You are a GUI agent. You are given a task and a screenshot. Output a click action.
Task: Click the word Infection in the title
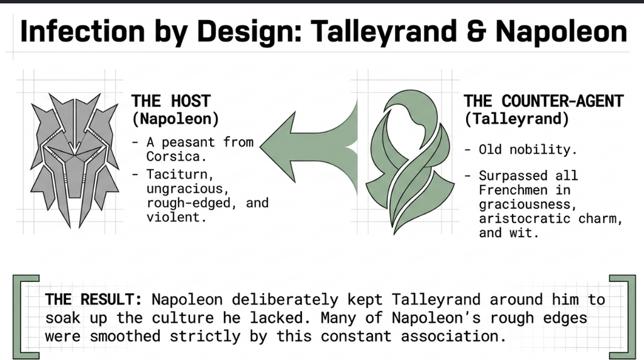[x=82, y=31]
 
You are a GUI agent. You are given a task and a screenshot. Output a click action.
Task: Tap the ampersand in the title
[x=477, y=31]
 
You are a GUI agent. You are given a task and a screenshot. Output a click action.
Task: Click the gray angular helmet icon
[x=74, y=160]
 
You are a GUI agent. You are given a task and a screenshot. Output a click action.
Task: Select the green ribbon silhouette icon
[x=409, y=162]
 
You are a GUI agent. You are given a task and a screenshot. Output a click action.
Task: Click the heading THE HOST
[x=171, y=101]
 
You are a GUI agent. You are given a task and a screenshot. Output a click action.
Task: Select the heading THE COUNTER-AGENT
[x=544, y=101]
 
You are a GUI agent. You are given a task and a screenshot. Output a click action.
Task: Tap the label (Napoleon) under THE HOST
[x=175, y=119]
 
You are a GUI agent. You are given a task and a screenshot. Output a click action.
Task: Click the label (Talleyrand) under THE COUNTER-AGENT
[x=517, y=119]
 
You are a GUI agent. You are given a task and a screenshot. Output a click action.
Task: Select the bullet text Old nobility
[x=528, y=150]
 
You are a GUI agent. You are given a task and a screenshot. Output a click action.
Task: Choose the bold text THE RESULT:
[x=94, y=299]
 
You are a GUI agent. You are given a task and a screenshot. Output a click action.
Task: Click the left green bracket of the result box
[x=16, y=317]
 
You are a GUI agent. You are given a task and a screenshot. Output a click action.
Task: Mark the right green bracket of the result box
[x=626, y=317]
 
